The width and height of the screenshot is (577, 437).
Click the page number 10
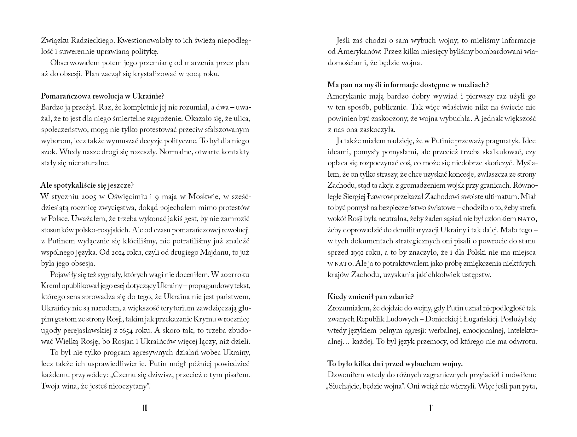145,408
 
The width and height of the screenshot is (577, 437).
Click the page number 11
431,408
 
